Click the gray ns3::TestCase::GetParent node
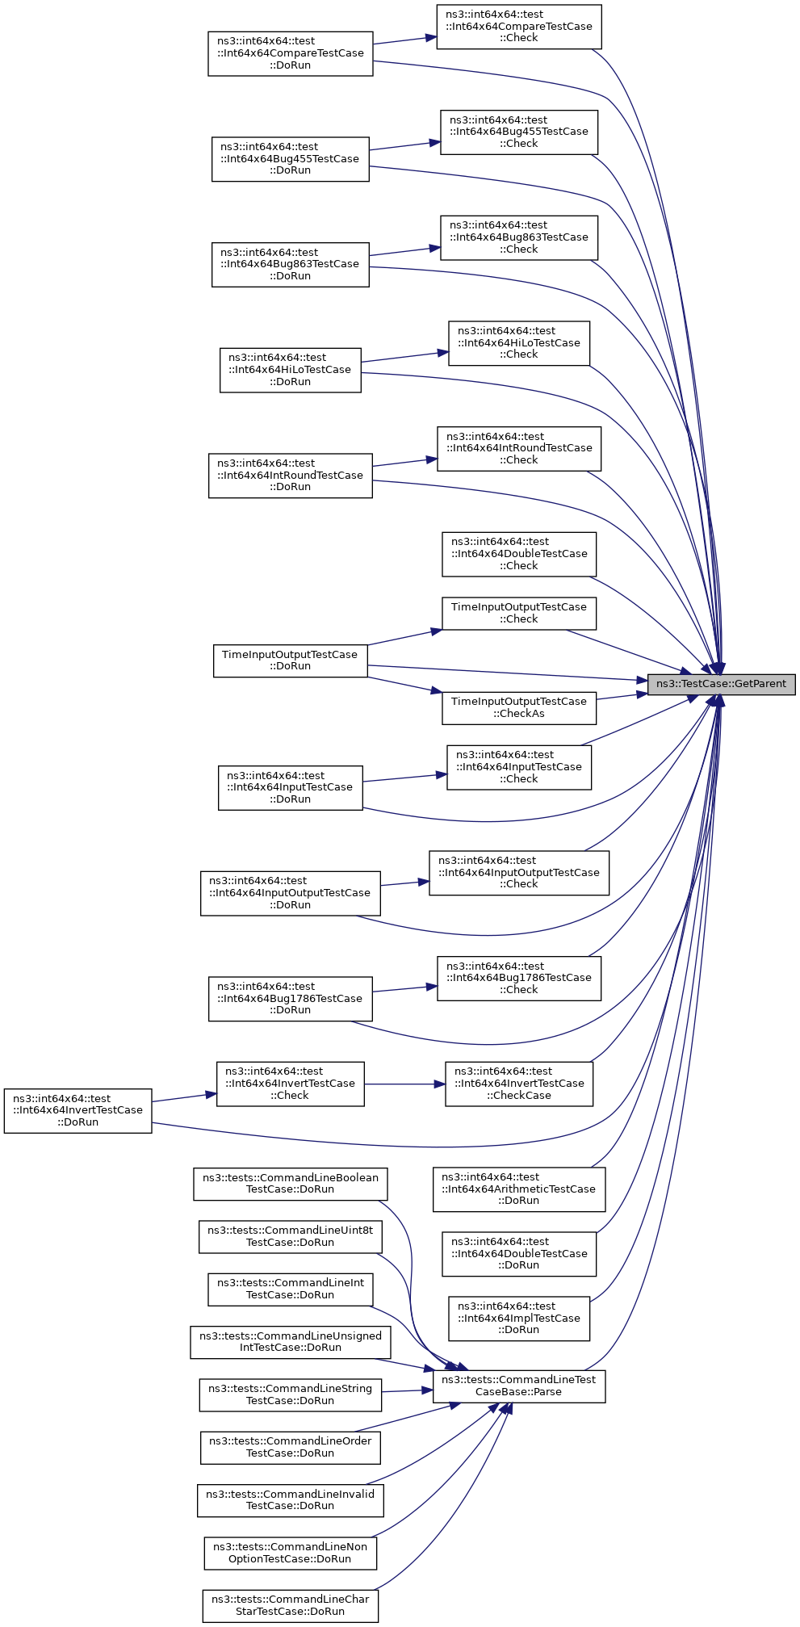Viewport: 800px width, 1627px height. [721, 684]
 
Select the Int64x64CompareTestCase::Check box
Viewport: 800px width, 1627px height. [519, 27]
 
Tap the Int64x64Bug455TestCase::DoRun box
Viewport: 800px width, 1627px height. [290, 159]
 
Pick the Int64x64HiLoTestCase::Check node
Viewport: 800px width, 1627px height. [519, 343]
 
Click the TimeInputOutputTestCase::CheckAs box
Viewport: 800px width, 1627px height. [519, 708]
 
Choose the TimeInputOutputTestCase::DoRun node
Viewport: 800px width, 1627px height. [290, 660]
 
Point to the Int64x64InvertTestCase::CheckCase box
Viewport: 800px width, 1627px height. [519, 1084]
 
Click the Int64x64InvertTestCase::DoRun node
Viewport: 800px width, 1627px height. [77, 1111]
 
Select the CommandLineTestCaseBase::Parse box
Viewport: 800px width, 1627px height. [519, 1386]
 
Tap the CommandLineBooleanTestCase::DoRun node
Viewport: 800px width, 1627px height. [291, 1184]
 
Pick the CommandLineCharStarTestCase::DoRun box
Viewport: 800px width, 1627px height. [291, 1605]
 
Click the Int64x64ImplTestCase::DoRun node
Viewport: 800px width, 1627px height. [519, 1319]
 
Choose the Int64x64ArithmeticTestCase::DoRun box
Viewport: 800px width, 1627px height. [519, 1189]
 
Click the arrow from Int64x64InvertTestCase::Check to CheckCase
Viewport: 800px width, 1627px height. [404, 1084]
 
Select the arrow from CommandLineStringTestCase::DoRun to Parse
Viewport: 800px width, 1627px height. [407, 1390]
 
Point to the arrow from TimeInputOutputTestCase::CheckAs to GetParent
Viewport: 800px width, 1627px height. [622, 695]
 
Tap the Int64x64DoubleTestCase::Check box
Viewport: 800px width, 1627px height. [519, 554]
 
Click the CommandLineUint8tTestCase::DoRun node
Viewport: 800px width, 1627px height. [291, 1237]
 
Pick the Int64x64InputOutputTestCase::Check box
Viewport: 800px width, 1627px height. [519, 873]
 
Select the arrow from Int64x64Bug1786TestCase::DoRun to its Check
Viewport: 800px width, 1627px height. [404, 989]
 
